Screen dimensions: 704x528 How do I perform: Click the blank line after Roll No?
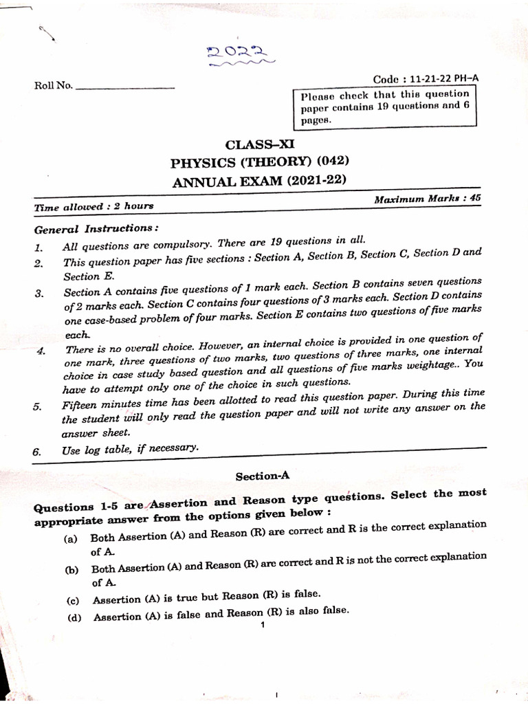[125, 87]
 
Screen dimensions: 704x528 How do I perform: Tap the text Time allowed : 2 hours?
[94, 206]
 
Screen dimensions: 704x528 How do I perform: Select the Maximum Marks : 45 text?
[426, 199]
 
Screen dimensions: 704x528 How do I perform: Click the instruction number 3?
[39, 294]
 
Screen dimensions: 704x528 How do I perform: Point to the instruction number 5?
[37, 406]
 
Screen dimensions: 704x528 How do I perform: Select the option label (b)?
[71, 570]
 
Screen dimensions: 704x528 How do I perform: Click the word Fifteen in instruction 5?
[80, 405]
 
